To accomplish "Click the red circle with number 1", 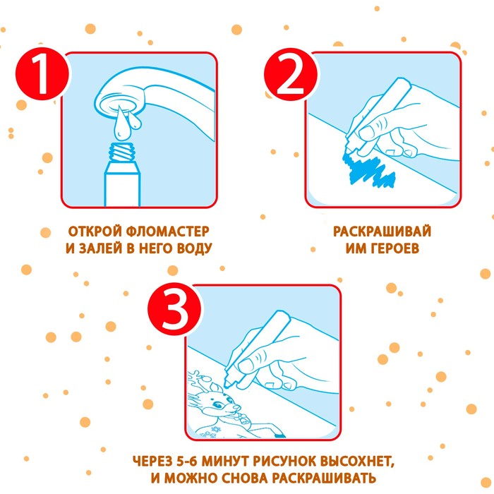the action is click(x=42, y=73).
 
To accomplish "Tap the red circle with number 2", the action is click(x=291, y=74).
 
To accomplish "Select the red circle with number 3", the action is click(x=175, y=308).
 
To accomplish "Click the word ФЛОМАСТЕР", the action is click(x=168, y=231).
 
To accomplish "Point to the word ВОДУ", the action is click(x=194, y=248).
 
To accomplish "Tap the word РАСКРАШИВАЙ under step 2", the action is click(x=382, y=231).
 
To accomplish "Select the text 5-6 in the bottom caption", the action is click(x=188, y=462).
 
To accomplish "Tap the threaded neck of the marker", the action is click(x=122, y=152).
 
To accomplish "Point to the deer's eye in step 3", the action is click(x=216, y=404).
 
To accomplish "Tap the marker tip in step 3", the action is click(x=227, y=385).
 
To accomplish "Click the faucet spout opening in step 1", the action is click(x=119, y=104).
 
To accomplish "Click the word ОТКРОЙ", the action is click(x=95, y=231).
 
